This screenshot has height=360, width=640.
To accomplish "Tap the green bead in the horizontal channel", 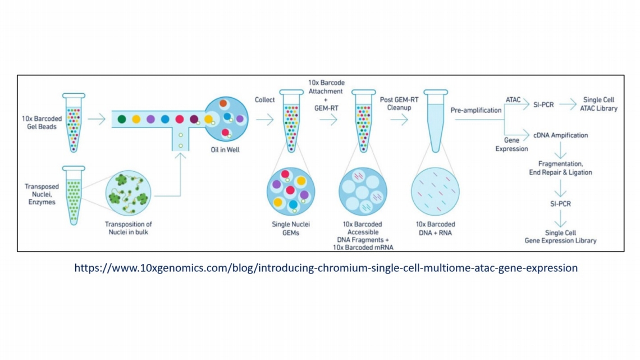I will (122, 119).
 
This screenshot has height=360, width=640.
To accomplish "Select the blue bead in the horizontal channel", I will (165, 119).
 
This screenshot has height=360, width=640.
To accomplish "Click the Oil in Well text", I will (225, 150).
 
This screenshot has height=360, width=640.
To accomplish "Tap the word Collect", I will (265, 100).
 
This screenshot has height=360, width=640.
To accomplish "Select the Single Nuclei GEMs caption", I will (290, 229).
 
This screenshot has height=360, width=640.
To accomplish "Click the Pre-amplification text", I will (476, 110).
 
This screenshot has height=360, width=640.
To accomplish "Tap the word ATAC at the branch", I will (513, 100).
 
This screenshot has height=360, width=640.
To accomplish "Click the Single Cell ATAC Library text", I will (598, 104).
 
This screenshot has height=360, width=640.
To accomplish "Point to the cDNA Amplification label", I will (562, 135).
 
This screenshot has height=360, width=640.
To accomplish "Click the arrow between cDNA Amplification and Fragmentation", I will (561, 151).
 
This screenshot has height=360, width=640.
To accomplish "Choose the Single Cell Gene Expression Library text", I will (560, 236).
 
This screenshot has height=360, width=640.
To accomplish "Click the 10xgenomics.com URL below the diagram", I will (326, 268).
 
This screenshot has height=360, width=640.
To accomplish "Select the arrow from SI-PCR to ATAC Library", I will (568, 104).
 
